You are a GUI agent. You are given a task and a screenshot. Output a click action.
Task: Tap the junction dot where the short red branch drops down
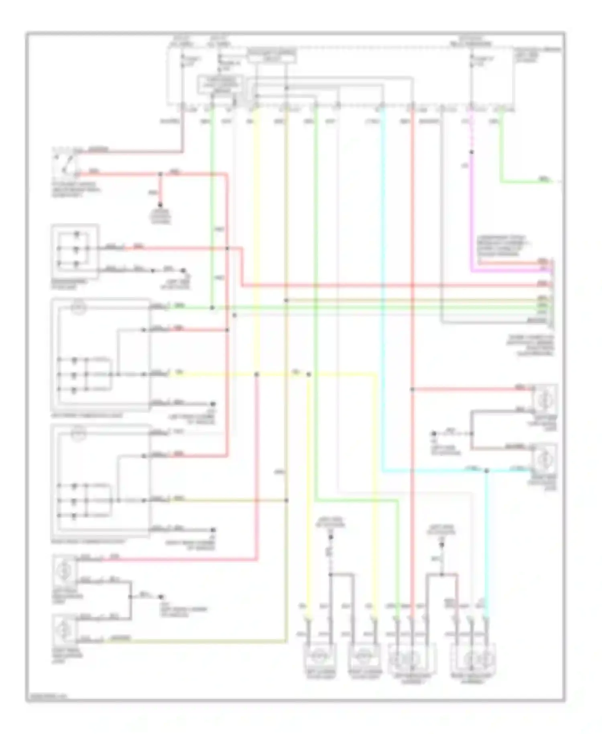161,174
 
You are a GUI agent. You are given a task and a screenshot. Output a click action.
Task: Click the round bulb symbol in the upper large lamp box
79,308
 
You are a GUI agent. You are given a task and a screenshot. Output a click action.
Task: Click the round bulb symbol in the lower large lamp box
79,434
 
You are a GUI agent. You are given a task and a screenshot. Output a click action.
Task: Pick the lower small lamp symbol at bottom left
64,629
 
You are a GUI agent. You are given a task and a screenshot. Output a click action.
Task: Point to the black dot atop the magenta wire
472,152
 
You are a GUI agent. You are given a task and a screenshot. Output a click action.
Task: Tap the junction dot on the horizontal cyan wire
486,471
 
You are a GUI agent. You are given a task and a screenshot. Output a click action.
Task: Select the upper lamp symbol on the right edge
545,398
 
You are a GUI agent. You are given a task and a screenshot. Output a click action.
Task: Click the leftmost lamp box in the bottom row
319,657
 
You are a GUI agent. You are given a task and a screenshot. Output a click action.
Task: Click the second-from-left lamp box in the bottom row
364,657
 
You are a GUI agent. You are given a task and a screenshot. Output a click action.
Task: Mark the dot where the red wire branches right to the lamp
412,389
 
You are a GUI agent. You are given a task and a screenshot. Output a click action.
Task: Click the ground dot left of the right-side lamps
434,434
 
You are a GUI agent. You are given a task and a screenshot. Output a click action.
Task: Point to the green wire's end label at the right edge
544,180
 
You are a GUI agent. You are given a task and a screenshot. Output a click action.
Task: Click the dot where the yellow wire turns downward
309,374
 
